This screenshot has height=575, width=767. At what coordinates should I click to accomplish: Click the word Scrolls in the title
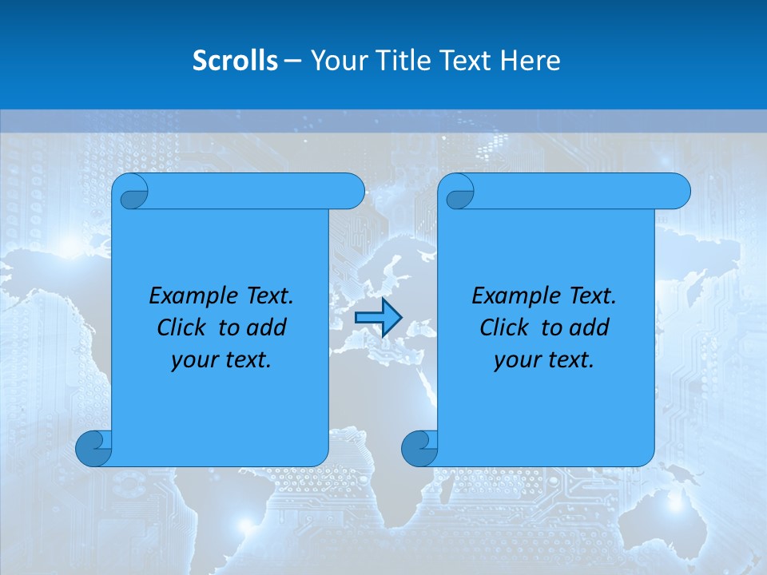[236, 61]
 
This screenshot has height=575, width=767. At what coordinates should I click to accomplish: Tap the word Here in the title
[530, 61]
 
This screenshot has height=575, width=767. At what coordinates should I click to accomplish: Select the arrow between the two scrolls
[378, 318]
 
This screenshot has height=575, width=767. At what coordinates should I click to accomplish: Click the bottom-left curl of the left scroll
[93, 449]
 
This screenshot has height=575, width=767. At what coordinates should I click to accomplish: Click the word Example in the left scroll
[189, 296]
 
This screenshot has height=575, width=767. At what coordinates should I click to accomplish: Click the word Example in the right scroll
[512, 296]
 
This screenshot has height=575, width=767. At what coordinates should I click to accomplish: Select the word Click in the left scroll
[183, 327]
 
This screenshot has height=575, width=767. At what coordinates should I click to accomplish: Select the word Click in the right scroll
[506, 327]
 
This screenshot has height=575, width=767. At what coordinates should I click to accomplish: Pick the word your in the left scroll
[193, 360]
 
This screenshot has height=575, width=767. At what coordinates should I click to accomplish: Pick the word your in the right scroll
[515, 360]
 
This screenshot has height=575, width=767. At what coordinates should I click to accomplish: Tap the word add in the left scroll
[265, 327]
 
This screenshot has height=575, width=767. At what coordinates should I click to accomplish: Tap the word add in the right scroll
[588, 327]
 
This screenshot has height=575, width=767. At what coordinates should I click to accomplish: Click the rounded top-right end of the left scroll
[352, 191]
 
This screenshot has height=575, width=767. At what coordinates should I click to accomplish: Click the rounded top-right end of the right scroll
[678, 191]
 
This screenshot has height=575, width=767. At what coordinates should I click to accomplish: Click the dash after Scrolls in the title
[293, 61]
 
